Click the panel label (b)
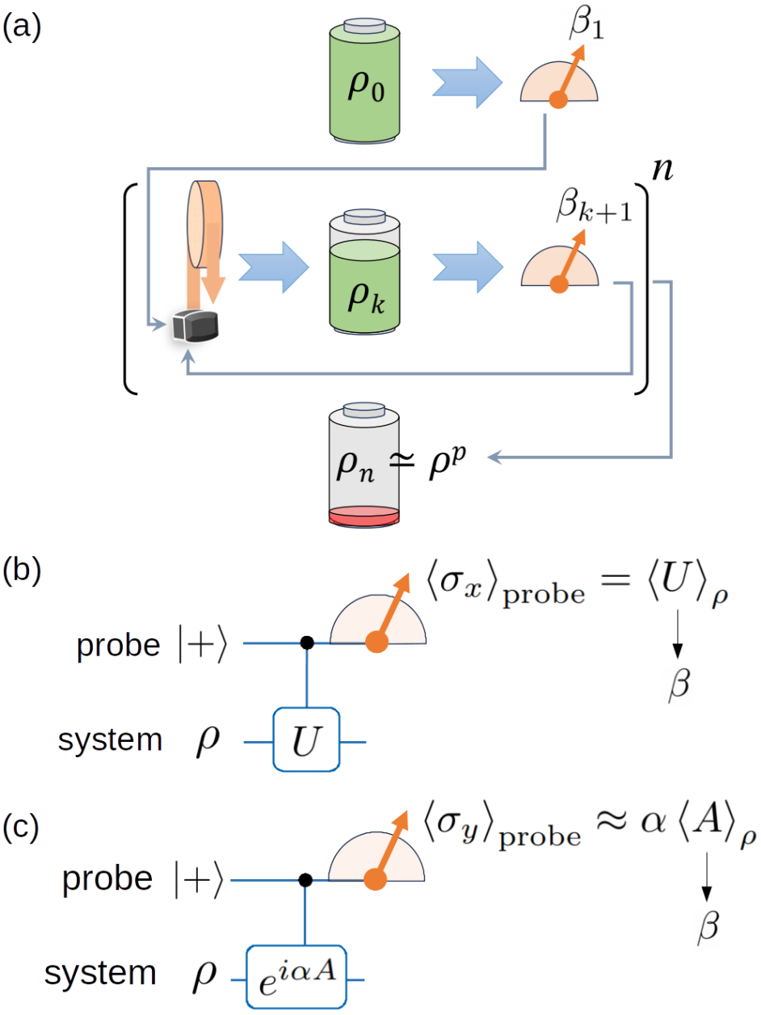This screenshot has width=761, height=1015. point(22,571)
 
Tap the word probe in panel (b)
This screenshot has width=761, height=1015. point(118,646)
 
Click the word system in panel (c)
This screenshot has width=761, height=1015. point(100,973)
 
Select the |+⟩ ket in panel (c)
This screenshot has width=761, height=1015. point(199,879)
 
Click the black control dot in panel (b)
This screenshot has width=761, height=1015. point(306,643)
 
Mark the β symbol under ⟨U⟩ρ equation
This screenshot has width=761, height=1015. point(678,685)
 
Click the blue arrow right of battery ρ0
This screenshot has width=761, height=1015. point(465,82)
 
